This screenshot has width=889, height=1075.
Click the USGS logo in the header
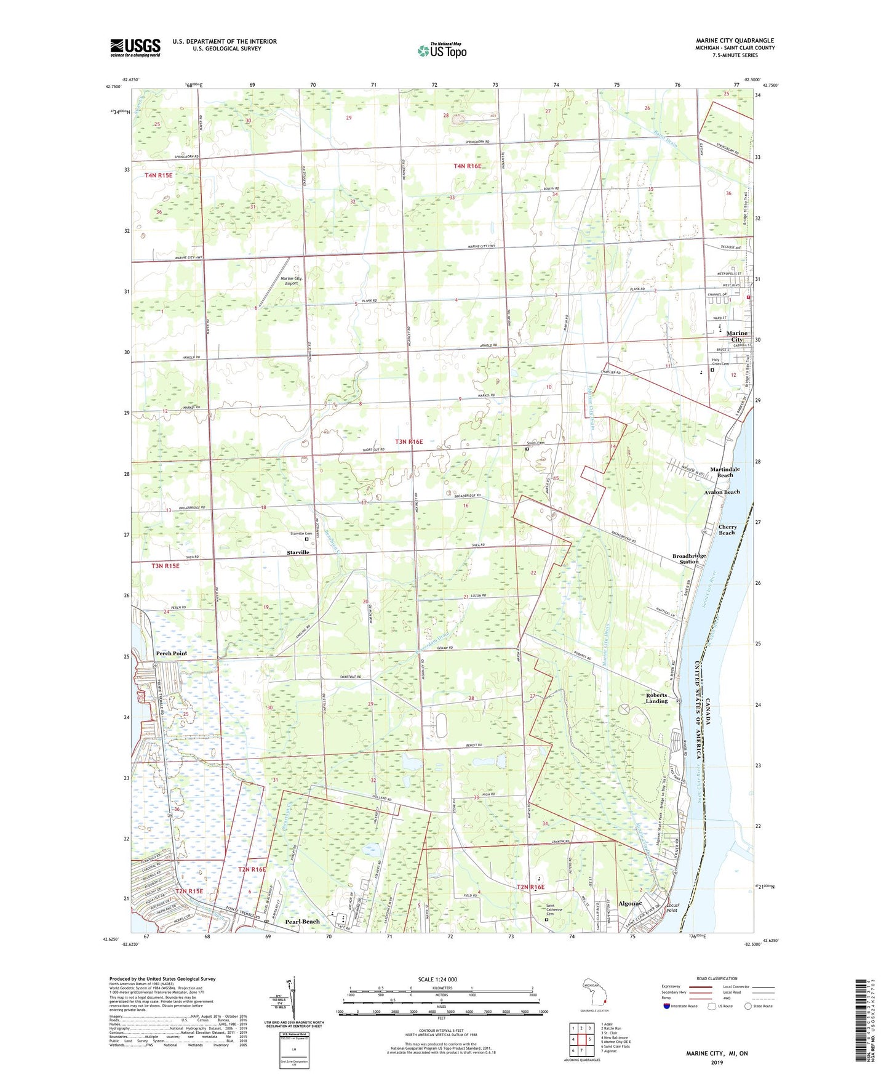tap(135, 47)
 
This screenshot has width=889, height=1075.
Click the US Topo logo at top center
tap(442, 50)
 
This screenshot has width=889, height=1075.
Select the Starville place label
tap(298, 552)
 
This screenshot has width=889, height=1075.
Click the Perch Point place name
tap(171, 653)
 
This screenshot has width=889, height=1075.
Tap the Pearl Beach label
tap(302, 922)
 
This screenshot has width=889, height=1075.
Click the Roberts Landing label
tap(656, 698)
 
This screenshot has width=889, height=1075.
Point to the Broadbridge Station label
tap(688, 558)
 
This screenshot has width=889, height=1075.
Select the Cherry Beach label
tap(727, 529)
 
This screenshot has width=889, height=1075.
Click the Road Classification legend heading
tap(716, 978)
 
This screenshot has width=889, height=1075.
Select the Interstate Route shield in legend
tap(667, 1006)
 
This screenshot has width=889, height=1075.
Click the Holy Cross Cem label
tap(720, 362)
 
